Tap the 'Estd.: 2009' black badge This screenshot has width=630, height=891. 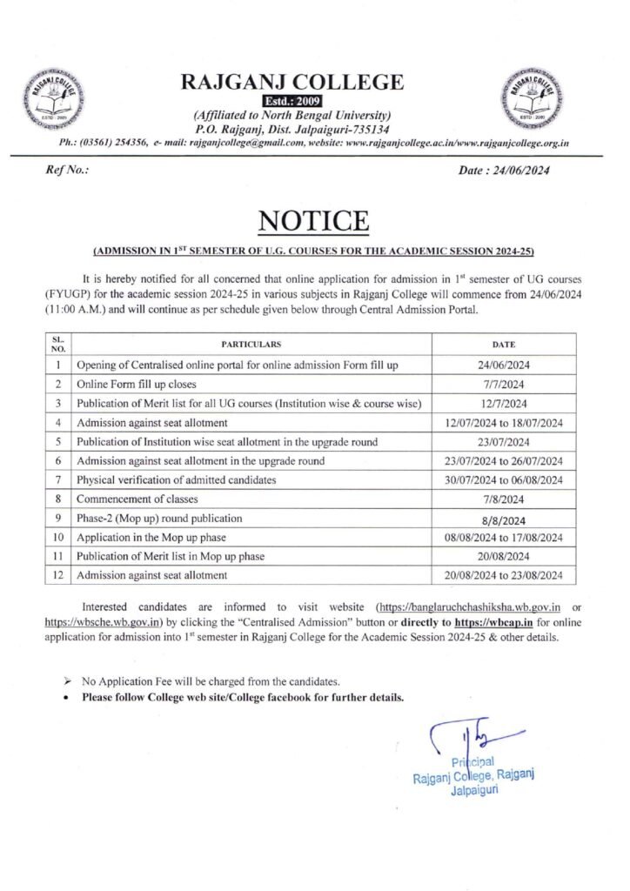tap(292, 102)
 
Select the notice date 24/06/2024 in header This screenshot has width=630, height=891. tap(503, 170)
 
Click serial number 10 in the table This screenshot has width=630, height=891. tap(57, 538)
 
